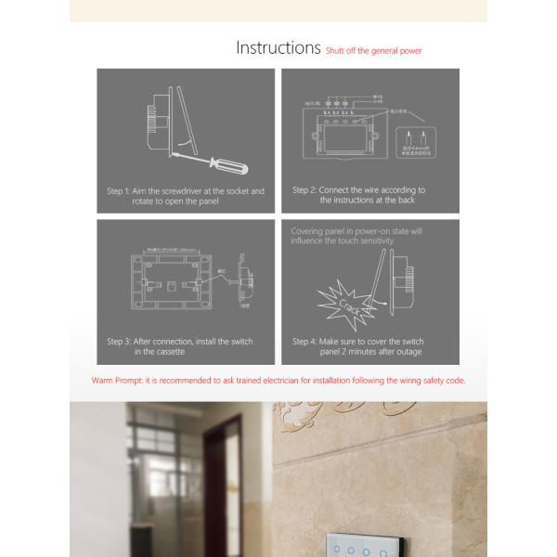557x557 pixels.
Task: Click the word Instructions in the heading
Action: (x=278, y=47)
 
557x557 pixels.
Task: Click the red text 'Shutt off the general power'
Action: (x=374, y=51)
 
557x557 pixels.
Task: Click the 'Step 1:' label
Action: (x=118, y=191)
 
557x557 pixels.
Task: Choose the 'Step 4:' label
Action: (x=304, y=342)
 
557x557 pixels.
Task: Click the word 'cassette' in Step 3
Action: (x=172, y=352)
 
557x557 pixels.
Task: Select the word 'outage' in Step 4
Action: (x=407, y=352)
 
